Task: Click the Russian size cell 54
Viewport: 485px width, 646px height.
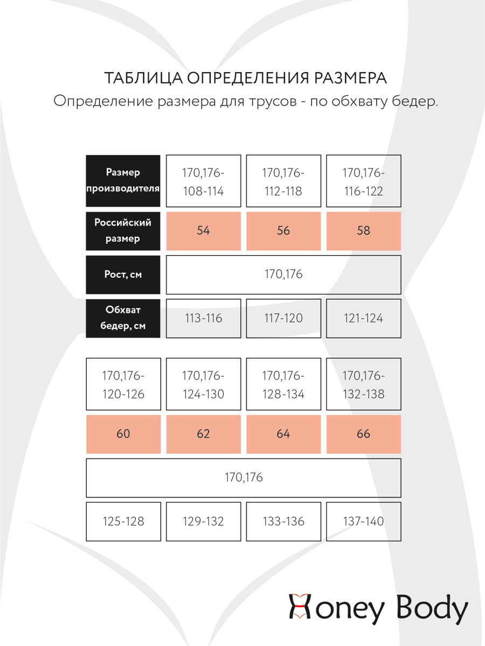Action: point(203,231)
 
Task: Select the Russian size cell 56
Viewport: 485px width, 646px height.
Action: point(283,231)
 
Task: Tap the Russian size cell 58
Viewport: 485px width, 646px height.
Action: point(364,231)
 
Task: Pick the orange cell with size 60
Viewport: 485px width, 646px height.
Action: point(123,434)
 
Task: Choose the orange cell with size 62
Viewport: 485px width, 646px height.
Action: point(203,434)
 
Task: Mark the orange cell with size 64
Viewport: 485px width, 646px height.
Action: point(283,434)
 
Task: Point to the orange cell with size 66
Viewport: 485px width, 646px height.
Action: point(364,434)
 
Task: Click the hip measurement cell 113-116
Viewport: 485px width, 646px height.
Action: point(203,318)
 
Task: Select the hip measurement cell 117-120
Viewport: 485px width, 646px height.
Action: point(283,318)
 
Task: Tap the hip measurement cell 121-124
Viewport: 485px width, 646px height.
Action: point(364,318)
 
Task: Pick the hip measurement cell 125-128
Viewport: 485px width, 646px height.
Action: point(123,521)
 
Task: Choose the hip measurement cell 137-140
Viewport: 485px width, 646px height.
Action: point(364,521)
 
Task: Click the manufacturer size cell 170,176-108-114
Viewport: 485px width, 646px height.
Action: point(203,181)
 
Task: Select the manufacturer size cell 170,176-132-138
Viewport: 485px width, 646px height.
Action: point(364,384)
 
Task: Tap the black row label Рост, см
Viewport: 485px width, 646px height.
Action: point(123,275)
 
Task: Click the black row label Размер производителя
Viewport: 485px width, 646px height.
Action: point(123,181)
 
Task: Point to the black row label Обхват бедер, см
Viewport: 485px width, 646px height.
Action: point(123,318)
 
